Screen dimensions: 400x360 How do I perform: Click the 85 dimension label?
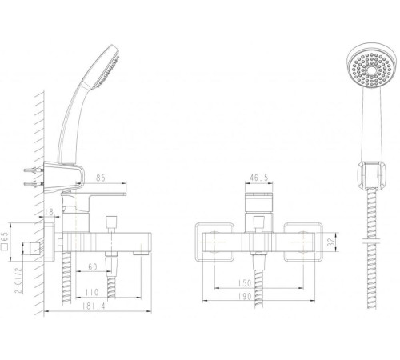tap(101, 178)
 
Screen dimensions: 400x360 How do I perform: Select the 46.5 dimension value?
tap(258, 178)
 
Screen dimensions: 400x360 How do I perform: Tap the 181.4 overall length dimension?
tap(93, 306)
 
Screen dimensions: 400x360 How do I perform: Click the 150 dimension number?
tap(245, 283)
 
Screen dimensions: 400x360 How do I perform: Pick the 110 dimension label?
tap(92, 292)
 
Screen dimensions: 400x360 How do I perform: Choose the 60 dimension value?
tap(93, 267)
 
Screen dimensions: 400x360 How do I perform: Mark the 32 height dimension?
tap(331, 242)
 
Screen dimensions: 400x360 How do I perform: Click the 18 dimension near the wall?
tap(50, 212)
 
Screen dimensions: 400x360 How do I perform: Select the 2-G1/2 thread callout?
tap(18, 280)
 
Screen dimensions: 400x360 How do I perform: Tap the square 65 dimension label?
tap(5, 241)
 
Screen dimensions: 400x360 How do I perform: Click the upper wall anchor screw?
tap(34, 170)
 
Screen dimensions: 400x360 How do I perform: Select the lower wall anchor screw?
tap(34, 184)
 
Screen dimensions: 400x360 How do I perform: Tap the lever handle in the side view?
tap(106, 194)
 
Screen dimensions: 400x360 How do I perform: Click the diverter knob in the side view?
tap(111, 224)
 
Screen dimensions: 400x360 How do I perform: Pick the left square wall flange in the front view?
tap(214, 242)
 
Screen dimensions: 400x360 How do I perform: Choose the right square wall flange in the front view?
tap(303, 242)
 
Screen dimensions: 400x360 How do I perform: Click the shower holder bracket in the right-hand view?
tap(371, 175)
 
